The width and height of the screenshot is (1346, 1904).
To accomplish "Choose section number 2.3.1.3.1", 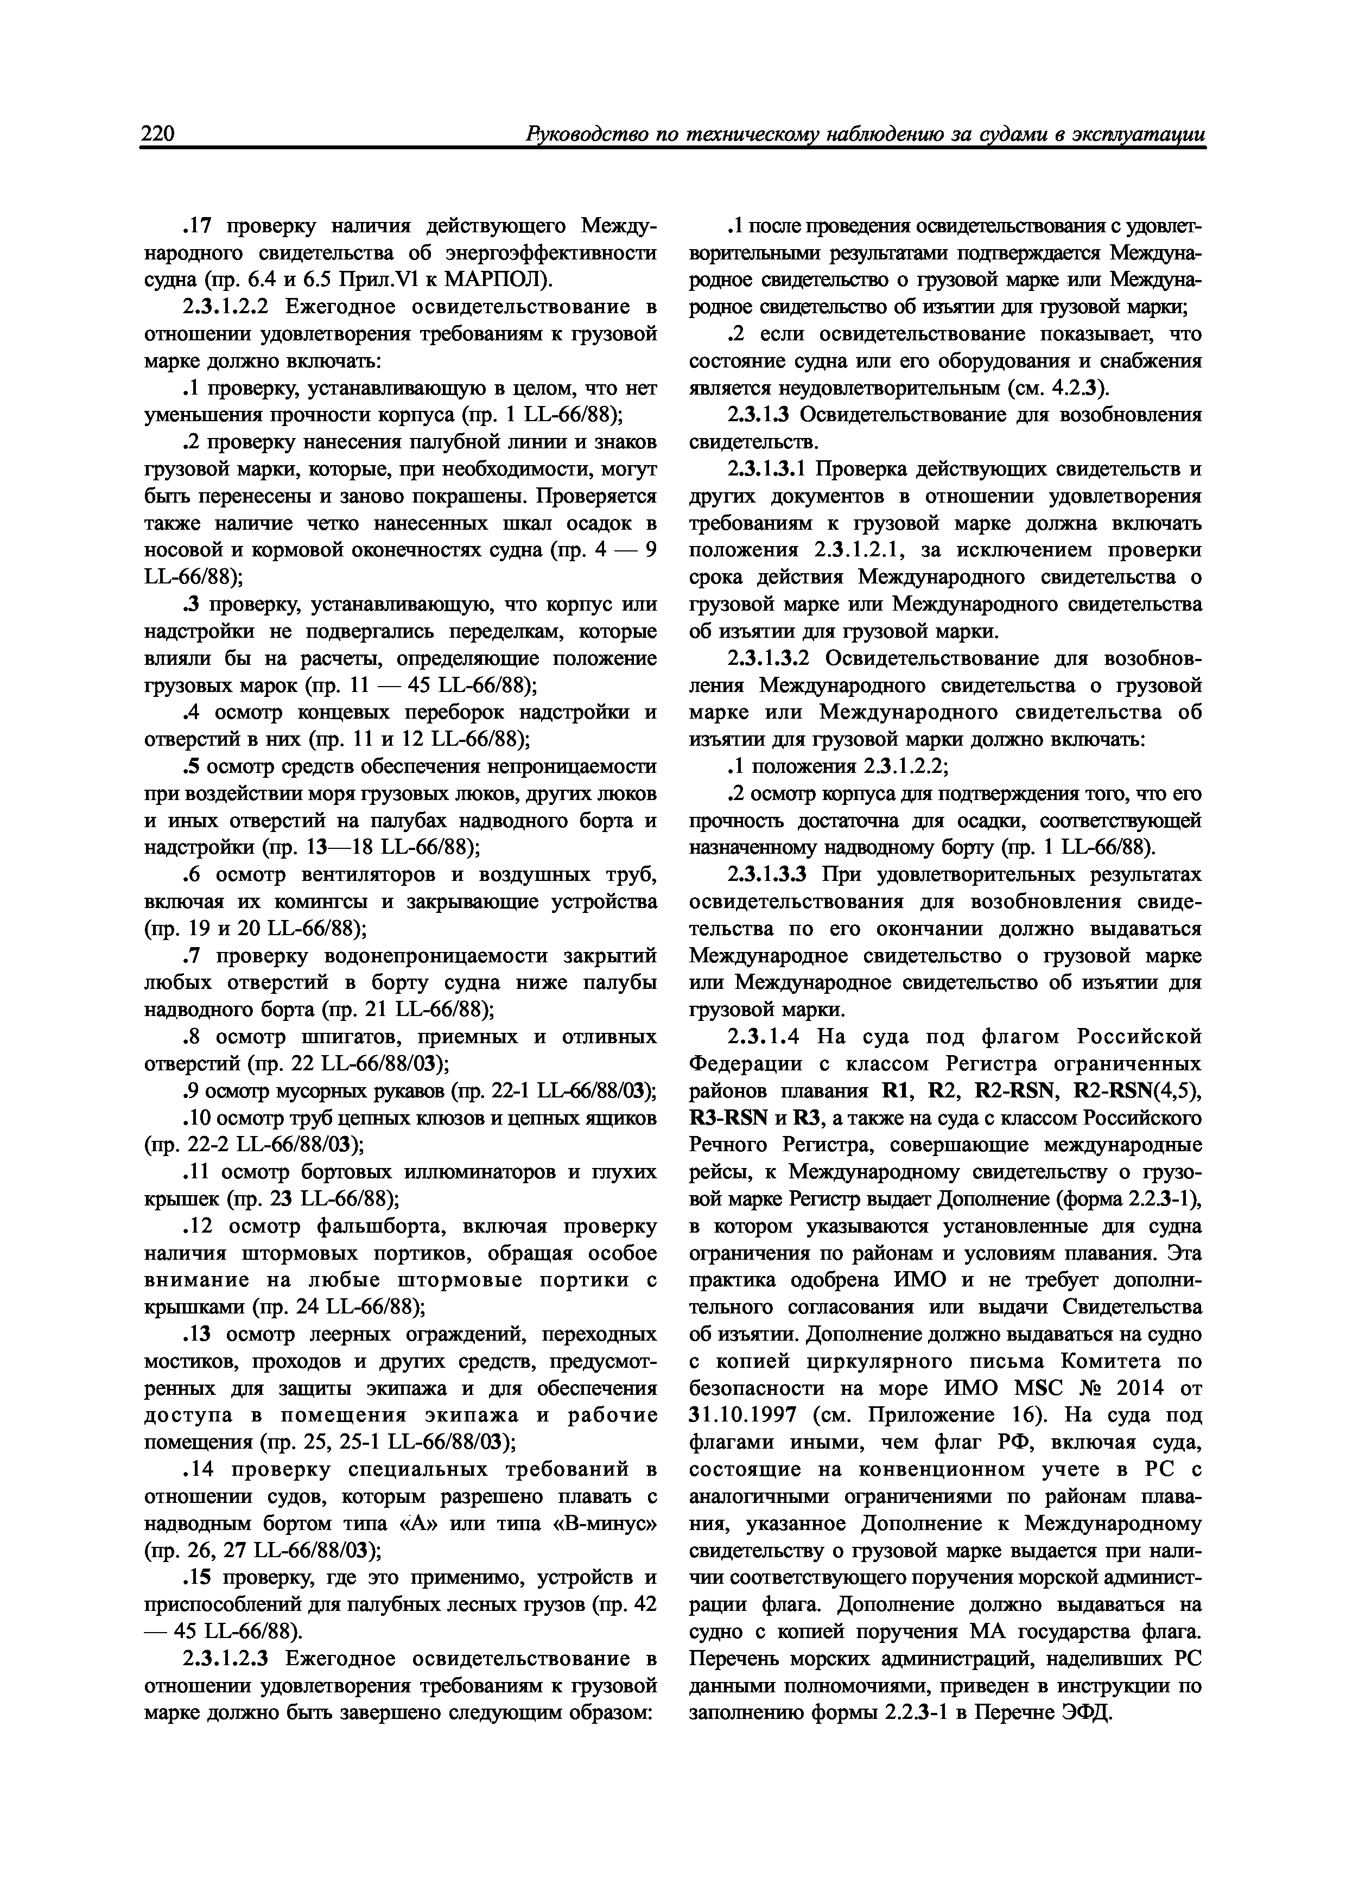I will tap(768, 469).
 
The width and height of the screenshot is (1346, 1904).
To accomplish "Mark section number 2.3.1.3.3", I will tap(768, 875).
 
